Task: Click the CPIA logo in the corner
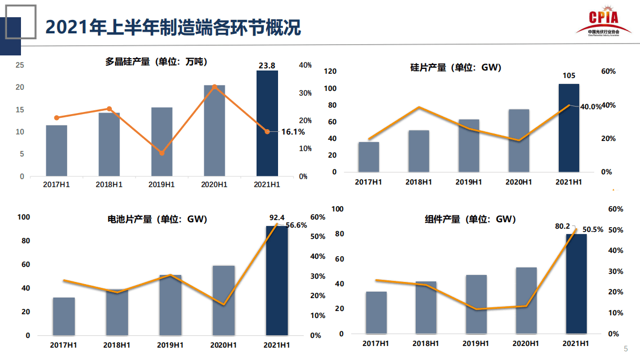point(602,22)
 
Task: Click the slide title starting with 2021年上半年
point(173,27)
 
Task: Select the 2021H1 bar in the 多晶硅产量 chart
point(267,123)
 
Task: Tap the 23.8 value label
point(267,66)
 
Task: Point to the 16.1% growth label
point(293,132)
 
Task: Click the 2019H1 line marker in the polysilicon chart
point(161,153)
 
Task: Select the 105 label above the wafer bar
point(568,75)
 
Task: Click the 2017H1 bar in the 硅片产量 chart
point(369,157)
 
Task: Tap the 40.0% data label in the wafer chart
point(591,107)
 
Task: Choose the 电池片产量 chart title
point(157,220)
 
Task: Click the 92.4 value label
point(276,218)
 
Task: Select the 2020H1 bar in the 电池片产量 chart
point(224,300)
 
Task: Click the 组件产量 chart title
point(470,220)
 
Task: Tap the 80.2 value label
point(562,227)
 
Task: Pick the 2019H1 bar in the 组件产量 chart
point(477,305)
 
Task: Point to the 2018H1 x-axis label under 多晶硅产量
point(109,185)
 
